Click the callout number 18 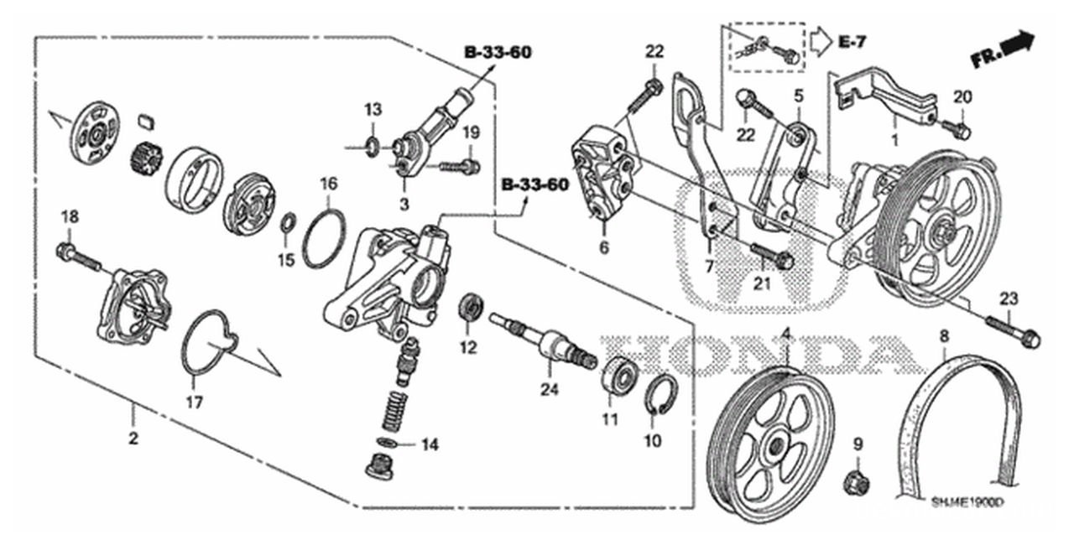(x=70, y=217)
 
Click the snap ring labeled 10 (x=660, y=394)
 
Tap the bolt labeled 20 (x=956, y=129)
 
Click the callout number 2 (x=133, y=437)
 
